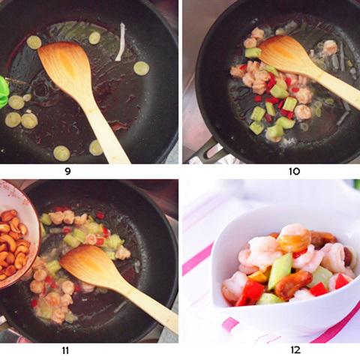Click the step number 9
(x=89, y=171)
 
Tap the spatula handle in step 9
(x=109, y=135)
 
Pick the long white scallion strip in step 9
(x=120, y=41)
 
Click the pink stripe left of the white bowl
(x=196, y=259)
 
